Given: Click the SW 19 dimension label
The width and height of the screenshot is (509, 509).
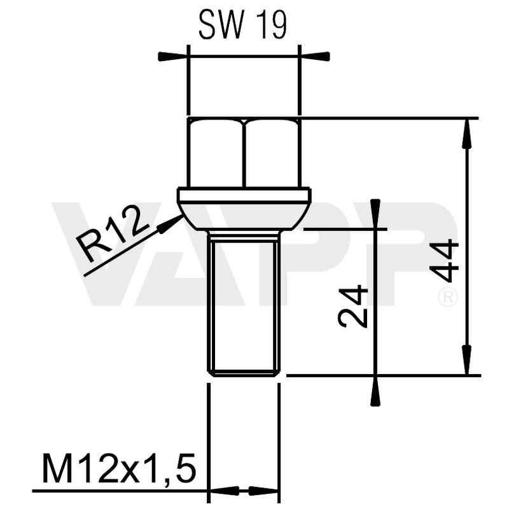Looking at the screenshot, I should click(x=242, y=25).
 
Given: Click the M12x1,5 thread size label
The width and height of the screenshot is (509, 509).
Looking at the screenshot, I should click(x=118, y=470).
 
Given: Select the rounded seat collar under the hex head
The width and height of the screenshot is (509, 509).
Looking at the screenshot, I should click(x=244, y=210).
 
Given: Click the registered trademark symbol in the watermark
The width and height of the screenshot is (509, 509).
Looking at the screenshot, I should click(x=449, y=297).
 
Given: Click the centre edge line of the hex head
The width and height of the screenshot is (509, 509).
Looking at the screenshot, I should click(x=244, y=153).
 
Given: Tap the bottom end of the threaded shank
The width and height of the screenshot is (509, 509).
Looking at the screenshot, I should click(x=244, y=373).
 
